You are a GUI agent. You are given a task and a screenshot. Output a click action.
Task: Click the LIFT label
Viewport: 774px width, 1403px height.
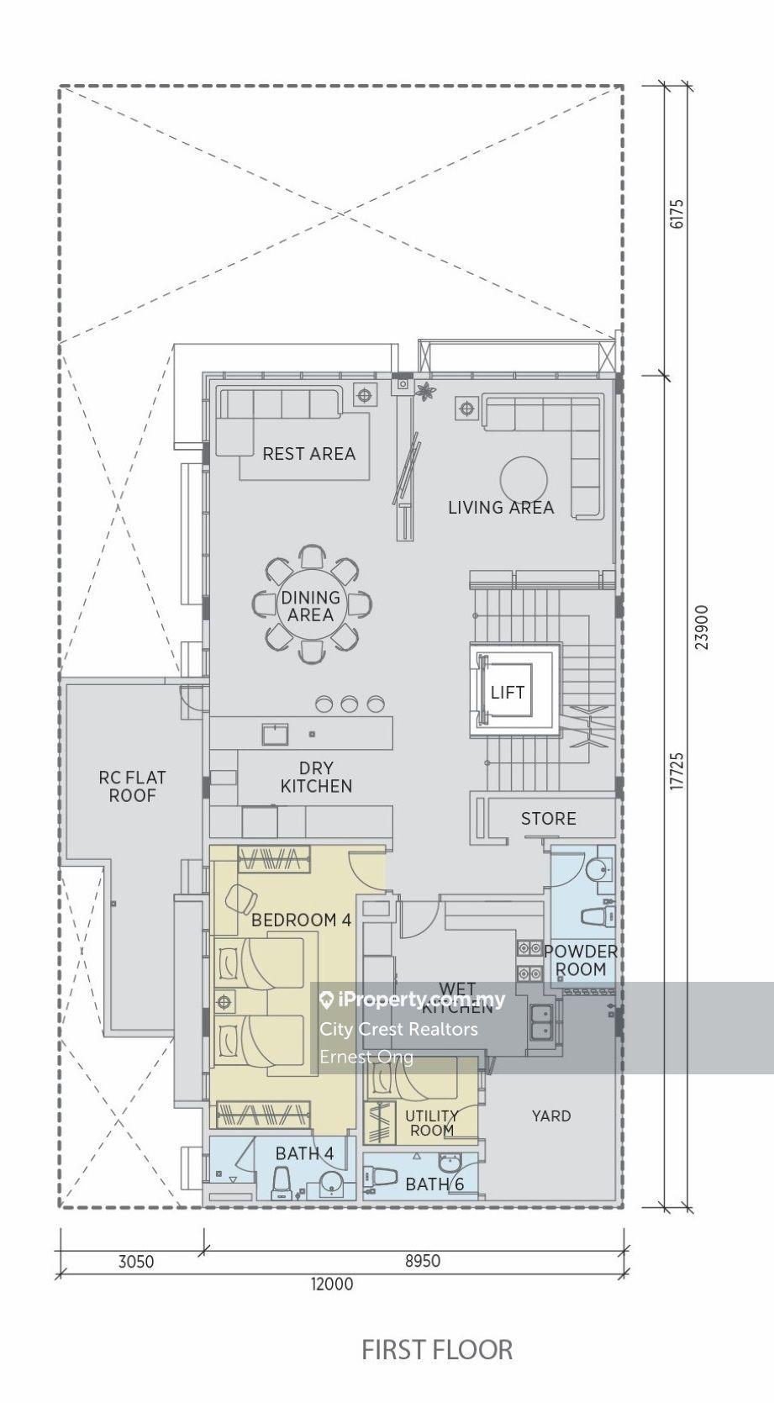pyautogui.click(x=508, y=693)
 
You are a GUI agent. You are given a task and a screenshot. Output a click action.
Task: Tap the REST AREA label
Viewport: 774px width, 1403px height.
pyautogui.click(x=308, y=453)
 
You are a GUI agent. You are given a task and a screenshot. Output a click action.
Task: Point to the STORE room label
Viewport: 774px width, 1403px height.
pyautogui.click(x=549, y=819)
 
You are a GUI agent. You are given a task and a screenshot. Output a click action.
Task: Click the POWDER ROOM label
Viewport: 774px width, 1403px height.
pyautogui.click(x=581, y=960)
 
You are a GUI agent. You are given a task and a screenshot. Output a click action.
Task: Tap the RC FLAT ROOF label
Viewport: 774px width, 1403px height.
pyautogui.click(x=132, y=787)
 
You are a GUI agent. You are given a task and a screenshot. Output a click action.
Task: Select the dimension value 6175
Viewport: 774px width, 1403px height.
pyautogui.click(x=677, y=214)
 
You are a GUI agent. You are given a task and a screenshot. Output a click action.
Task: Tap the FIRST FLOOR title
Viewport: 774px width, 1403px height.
pyautogui.click(x=437, y=1349)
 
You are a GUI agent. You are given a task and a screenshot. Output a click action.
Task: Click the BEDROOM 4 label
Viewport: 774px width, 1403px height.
pyautogui.click(x=301, y=920)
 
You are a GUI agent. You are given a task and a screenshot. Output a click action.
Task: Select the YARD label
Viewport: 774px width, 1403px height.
pyautogui.click(x=551, y=1116)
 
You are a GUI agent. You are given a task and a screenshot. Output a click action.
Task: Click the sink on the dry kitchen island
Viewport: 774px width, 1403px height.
pyautogui.click(x=274, y=733)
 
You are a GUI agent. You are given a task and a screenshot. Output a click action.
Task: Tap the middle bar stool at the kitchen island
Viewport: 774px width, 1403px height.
pyautogui.click(x=350, y=704)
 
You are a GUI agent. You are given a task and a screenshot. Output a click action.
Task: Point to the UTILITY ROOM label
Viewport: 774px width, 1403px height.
pyautogui.click(x=431, y=1123)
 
